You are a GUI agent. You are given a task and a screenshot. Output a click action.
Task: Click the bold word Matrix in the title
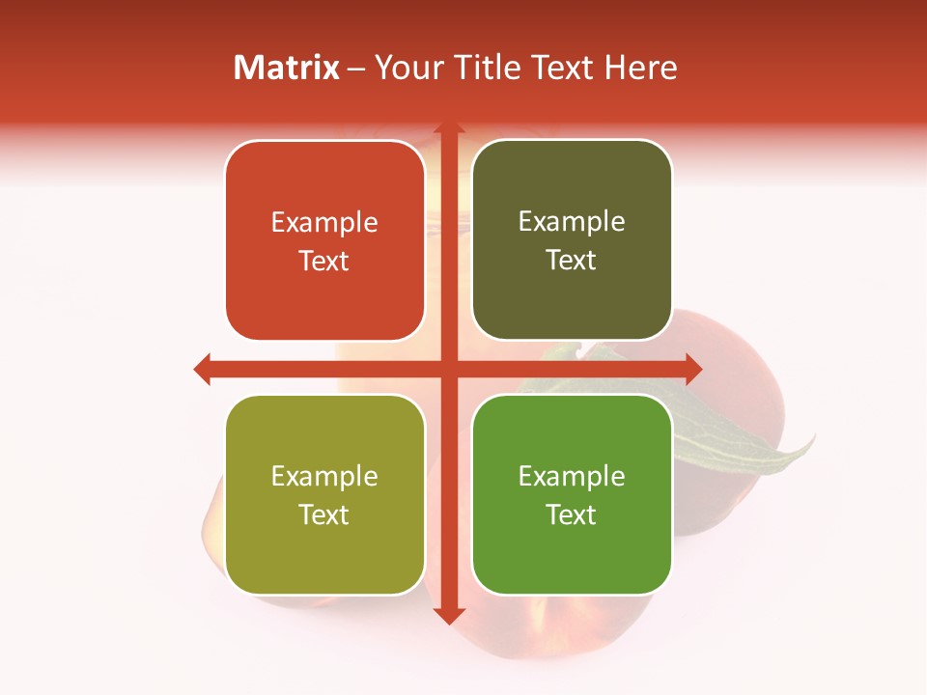[287, 68]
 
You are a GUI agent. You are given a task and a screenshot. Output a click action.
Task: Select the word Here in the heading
[641, 68]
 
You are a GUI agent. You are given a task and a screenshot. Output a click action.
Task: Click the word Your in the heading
[409, 68]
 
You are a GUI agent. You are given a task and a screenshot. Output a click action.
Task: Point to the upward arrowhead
[448, 128]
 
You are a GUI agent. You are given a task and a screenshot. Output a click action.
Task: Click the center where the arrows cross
[448, 369]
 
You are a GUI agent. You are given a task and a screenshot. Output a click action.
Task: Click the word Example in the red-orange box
[324, 223]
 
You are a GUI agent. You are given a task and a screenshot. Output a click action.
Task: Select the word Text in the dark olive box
[572, 260]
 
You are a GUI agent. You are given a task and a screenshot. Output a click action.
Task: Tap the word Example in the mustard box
[324, 476]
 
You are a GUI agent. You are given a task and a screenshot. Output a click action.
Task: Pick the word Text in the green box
[572, 514]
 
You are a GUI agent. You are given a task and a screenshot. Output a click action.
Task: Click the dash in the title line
[356, 69]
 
